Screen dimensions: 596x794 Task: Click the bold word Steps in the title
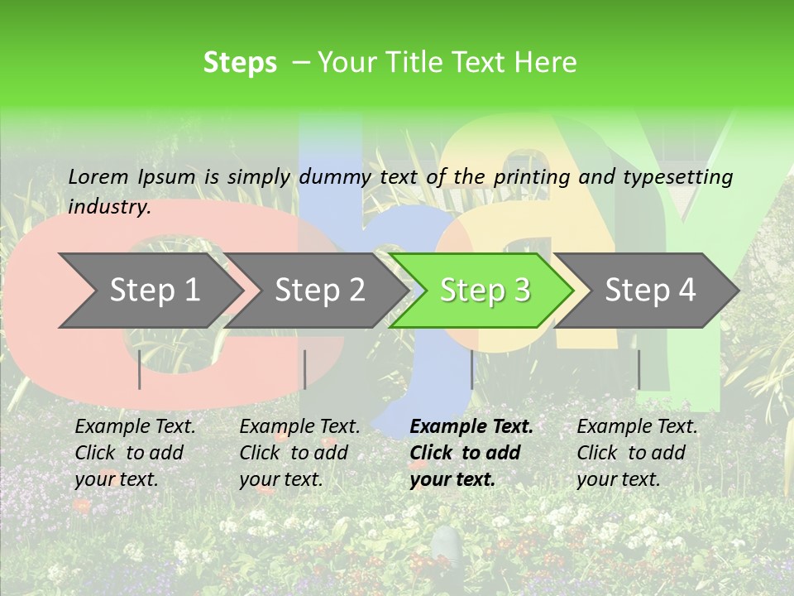pos(240,63)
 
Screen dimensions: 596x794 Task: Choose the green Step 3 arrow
pos(485,291)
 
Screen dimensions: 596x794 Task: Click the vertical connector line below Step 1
pos(140,369)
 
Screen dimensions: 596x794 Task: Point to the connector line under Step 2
pos(305,369)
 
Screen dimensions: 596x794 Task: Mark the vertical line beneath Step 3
pos(471,369)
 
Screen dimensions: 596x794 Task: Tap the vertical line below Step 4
pos(639,369)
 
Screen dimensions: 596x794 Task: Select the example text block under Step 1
pos(135,453)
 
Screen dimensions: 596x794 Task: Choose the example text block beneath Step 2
pos(299,453)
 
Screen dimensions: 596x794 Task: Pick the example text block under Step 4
pos(637,453)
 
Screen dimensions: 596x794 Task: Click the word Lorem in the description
pos(98,176)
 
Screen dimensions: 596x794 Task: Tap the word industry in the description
pos(109,207)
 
